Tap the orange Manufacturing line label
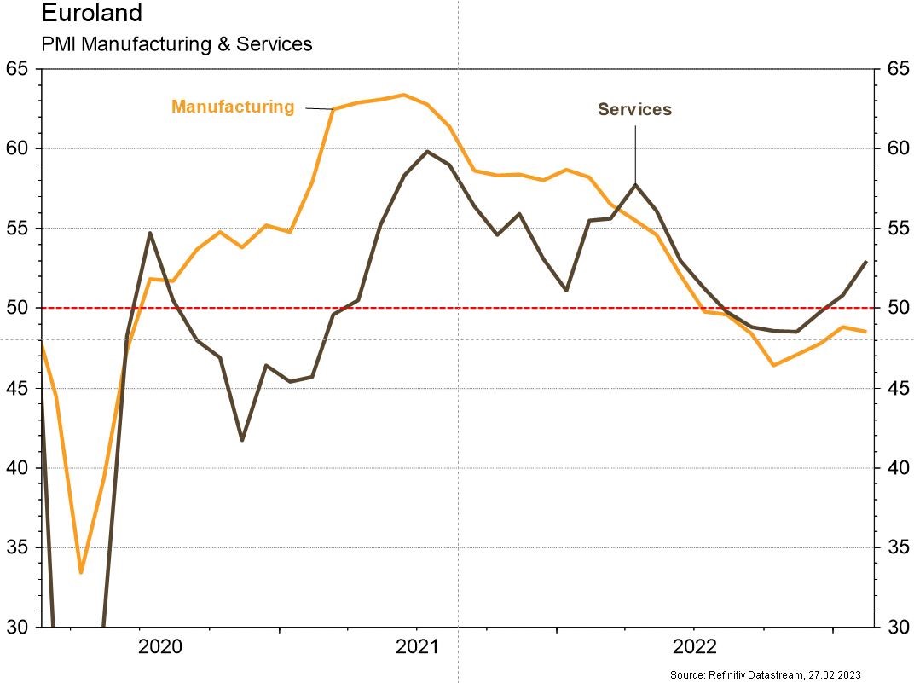[233, 107]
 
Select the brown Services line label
[634, 109]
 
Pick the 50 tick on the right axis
[895, 308]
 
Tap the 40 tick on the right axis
[895, 467]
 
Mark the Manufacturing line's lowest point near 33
[81, 572]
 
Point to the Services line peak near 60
[426, 151]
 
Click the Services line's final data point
[866, 262]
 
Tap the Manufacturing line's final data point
[866, 332]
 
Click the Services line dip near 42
[242, 440]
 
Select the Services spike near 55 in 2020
[150, 233]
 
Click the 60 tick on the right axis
[895, 148]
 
